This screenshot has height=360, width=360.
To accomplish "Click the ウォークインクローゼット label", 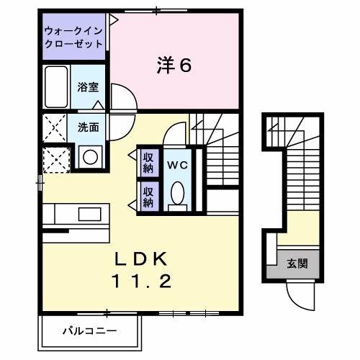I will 72,37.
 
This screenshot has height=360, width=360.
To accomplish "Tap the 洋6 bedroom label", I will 174,66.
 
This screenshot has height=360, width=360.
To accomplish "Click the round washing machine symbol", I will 90,156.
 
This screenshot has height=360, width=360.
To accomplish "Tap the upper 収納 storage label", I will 148,163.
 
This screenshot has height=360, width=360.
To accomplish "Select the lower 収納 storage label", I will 148,197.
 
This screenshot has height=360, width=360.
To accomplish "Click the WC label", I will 176,165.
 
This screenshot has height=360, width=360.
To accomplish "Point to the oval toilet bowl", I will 177,192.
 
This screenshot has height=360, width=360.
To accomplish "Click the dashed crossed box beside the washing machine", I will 55,158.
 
